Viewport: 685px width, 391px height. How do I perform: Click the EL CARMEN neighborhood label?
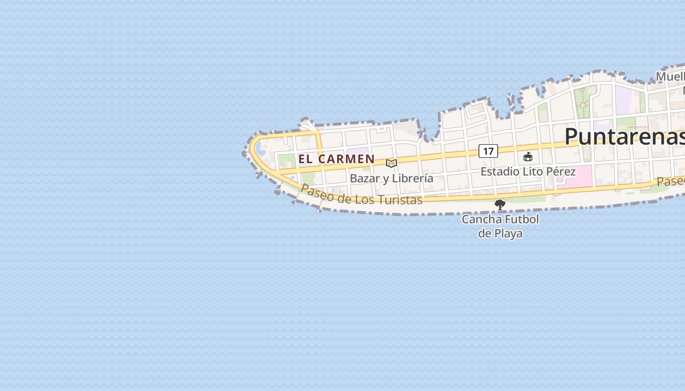pos(336,159)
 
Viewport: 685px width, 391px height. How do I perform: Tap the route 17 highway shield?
pos(488,151)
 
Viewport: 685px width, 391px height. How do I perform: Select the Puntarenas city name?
pos(624,136)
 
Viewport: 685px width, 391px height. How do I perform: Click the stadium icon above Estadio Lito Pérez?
pos(527,157)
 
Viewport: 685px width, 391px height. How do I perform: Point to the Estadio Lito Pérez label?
pos(528,172)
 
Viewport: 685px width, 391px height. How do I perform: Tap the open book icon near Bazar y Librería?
pos(391,163)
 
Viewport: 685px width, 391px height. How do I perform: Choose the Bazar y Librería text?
pos(391,178)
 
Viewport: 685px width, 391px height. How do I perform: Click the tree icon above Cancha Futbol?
pos(500,205)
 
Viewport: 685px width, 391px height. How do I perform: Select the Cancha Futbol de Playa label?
pos(500,226)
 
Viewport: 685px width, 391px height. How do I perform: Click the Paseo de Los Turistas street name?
pos(361,195)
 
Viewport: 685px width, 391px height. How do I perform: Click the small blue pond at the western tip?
pos(261,148)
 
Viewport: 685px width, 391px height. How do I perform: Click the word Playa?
pos(508,233)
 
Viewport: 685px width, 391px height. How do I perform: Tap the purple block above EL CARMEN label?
pos(360,152)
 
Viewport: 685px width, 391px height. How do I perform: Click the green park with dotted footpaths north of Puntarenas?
pos(585,102)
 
